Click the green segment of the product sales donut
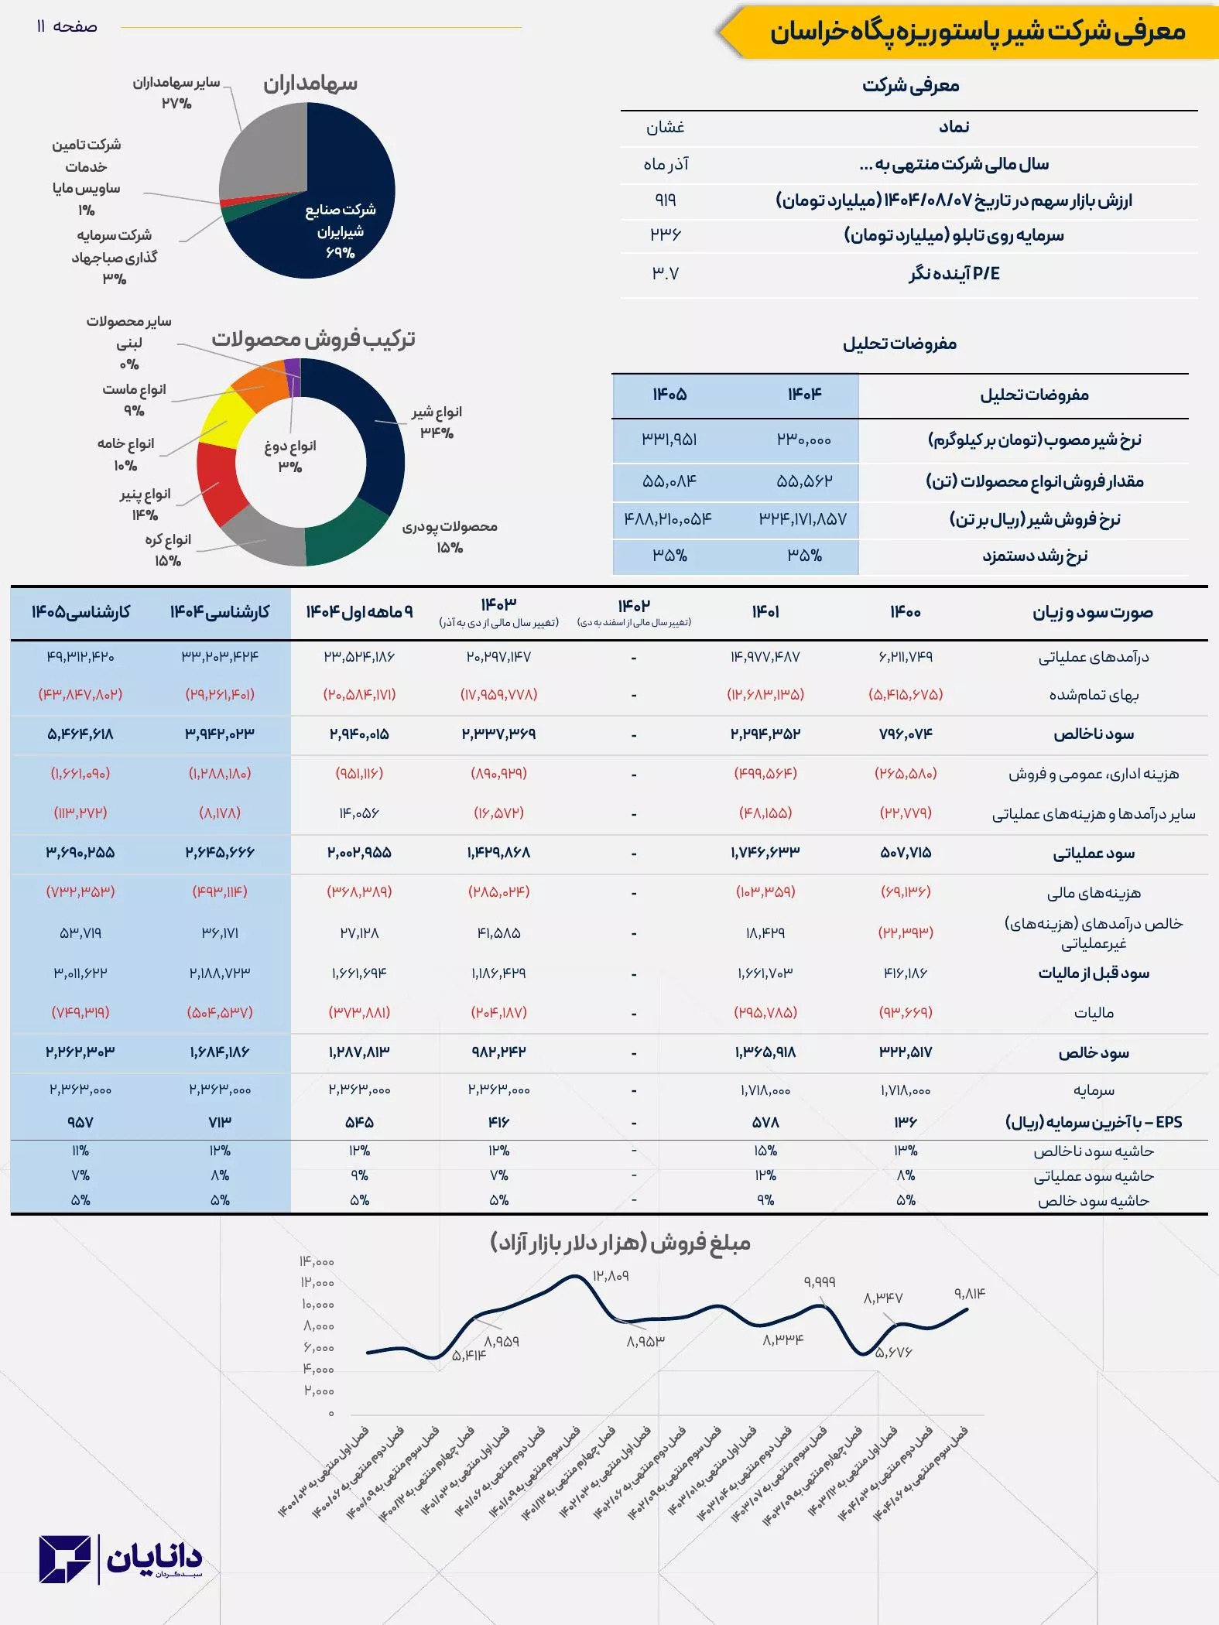pos(348,534)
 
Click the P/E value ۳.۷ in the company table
pos(665,273)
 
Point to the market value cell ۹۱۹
pos(665,200)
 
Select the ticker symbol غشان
pos(665,127)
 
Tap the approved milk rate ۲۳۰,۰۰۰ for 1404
pos(804,440)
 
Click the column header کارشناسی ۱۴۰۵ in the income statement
pos(80,612)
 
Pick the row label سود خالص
pos(1094,1052)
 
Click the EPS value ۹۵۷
pos(80,1122)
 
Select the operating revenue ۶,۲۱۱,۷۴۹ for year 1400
pos(906,657)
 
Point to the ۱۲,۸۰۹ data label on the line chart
pos(611,1275)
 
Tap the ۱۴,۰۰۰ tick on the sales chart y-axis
pos(317,1261)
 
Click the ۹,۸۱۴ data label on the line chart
pos(969,1293)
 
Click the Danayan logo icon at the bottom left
pos(65,1559)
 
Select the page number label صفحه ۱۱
pos(67,27)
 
